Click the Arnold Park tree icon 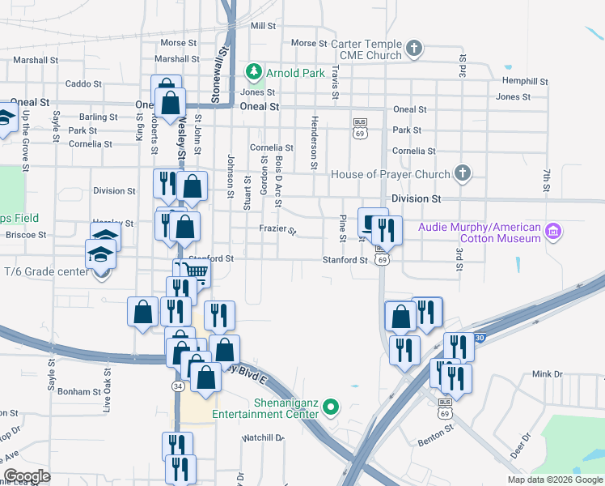click(255, 73)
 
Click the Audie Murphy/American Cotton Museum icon click(553, 232)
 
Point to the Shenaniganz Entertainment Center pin click(329, 407)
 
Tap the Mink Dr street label click(547, 374)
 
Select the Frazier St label click(278, 231)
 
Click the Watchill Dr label click(263, 438)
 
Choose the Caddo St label click(83, 83)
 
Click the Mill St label click(264, 26)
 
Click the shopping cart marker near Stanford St click(194, 274)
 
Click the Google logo click(27, 476)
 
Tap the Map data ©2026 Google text click(555, 480)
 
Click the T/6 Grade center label click(45, 271)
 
